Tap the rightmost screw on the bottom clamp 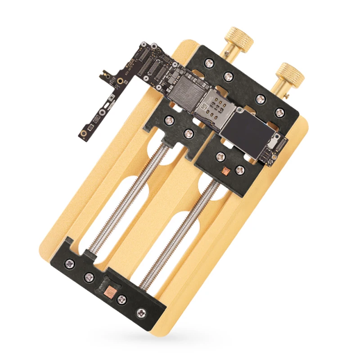click(144, 311)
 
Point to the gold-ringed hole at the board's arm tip click(84, 134)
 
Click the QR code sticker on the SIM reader click(204, 107)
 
